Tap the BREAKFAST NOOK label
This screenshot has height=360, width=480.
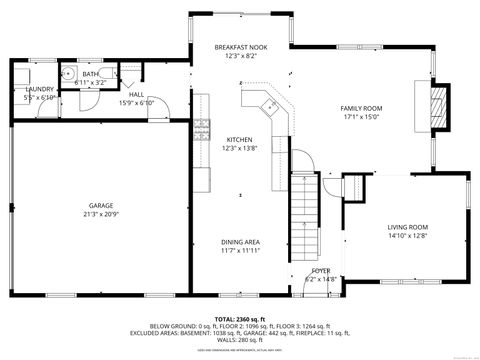pos(240,48)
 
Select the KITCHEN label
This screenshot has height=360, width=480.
pos(240,139)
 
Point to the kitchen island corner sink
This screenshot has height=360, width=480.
pos(269,105)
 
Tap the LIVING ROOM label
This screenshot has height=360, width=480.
pos(408,227)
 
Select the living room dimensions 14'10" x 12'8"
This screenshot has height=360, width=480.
pos(408,237)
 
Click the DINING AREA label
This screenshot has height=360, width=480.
pos(240,242)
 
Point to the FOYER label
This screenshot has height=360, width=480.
pos(320,271)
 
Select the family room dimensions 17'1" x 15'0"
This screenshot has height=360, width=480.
pos(361,117)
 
